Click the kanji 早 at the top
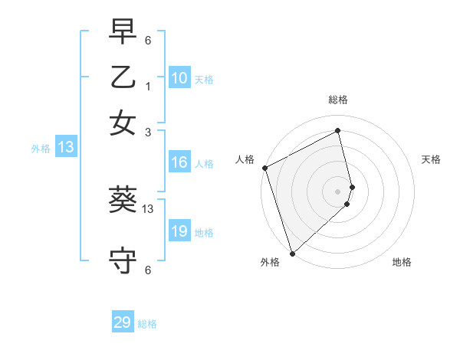point(123,33)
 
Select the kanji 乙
point(123,78)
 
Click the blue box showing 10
point(179,78)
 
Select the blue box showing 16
point(179,162)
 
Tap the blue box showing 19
point(179,231)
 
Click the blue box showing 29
point(123,322)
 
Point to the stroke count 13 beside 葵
point(149,208)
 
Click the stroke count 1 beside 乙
point(147,87)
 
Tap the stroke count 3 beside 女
point(147,132)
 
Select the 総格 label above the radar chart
point(338,100)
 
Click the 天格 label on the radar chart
point(431,159)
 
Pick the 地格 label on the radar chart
point(402,263)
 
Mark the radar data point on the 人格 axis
point(264,168)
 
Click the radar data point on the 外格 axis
point(292,253)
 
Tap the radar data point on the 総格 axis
point(338,131)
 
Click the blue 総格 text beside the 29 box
point(148,324)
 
